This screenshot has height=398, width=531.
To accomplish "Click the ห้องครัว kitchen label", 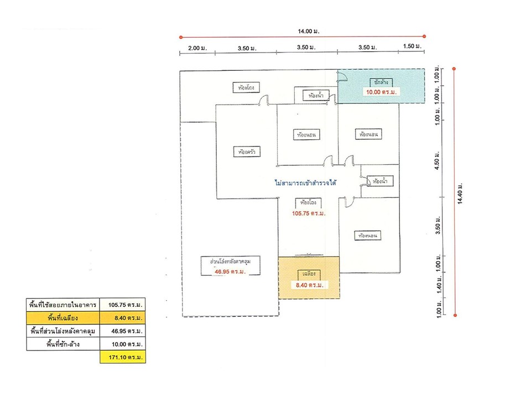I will [247, 151].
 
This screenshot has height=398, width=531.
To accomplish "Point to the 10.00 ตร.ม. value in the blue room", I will [381, 92].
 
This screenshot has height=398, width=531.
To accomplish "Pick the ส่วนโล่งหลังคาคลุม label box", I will [235, 261].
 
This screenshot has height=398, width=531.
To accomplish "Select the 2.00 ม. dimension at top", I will [197, 49].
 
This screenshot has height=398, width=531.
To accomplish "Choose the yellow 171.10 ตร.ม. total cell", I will [123, 358].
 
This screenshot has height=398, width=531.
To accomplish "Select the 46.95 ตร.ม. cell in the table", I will [123, 331].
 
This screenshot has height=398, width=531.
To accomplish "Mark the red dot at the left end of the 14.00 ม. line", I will [181, 38].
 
